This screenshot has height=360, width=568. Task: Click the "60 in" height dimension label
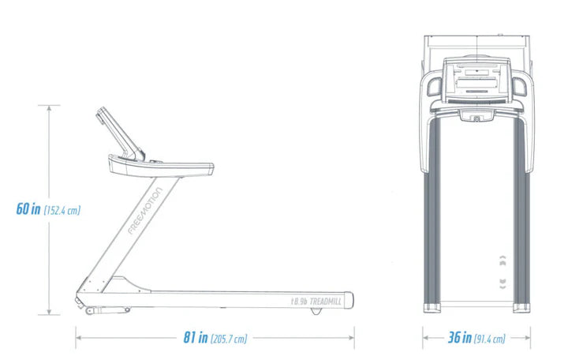[x=28, y=209]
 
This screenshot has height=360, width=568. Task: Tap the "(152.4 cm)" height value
[x=62, y=210]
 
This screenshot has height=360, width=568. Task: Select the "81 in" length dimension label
[x=196, y=337]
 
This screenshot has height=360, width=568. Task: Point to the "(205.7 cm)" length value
[x=229, y=339]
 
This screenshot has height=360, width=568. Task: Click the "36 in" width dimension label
[x=460, y=337]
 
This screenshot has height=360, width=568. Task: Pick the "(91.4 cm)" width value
[x=489, y=339]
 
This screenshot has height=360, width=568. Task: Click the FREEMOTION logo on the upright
[x=145, y=211]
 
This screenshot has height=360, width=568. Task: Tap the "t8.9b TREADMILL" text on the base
[x=316, y=302]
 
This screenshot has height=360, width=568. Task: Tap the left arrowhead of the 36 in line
[x=426, y=338]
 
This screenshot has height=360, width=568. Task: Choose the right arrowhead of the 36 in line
[x=527, y=338]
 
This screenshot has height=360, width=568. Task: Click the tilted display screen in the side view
[x=120, y=133]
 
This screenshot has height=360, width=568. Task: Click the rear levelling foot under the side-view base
[x=316, y=311]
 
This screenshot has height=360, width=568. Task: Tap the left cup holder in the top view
[x=435, y=86]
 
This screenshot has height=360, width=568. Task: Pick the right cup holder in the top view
[x=519, y=86]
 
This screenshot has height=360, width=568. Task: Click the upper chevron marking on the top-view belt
[x=503, y=261]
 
